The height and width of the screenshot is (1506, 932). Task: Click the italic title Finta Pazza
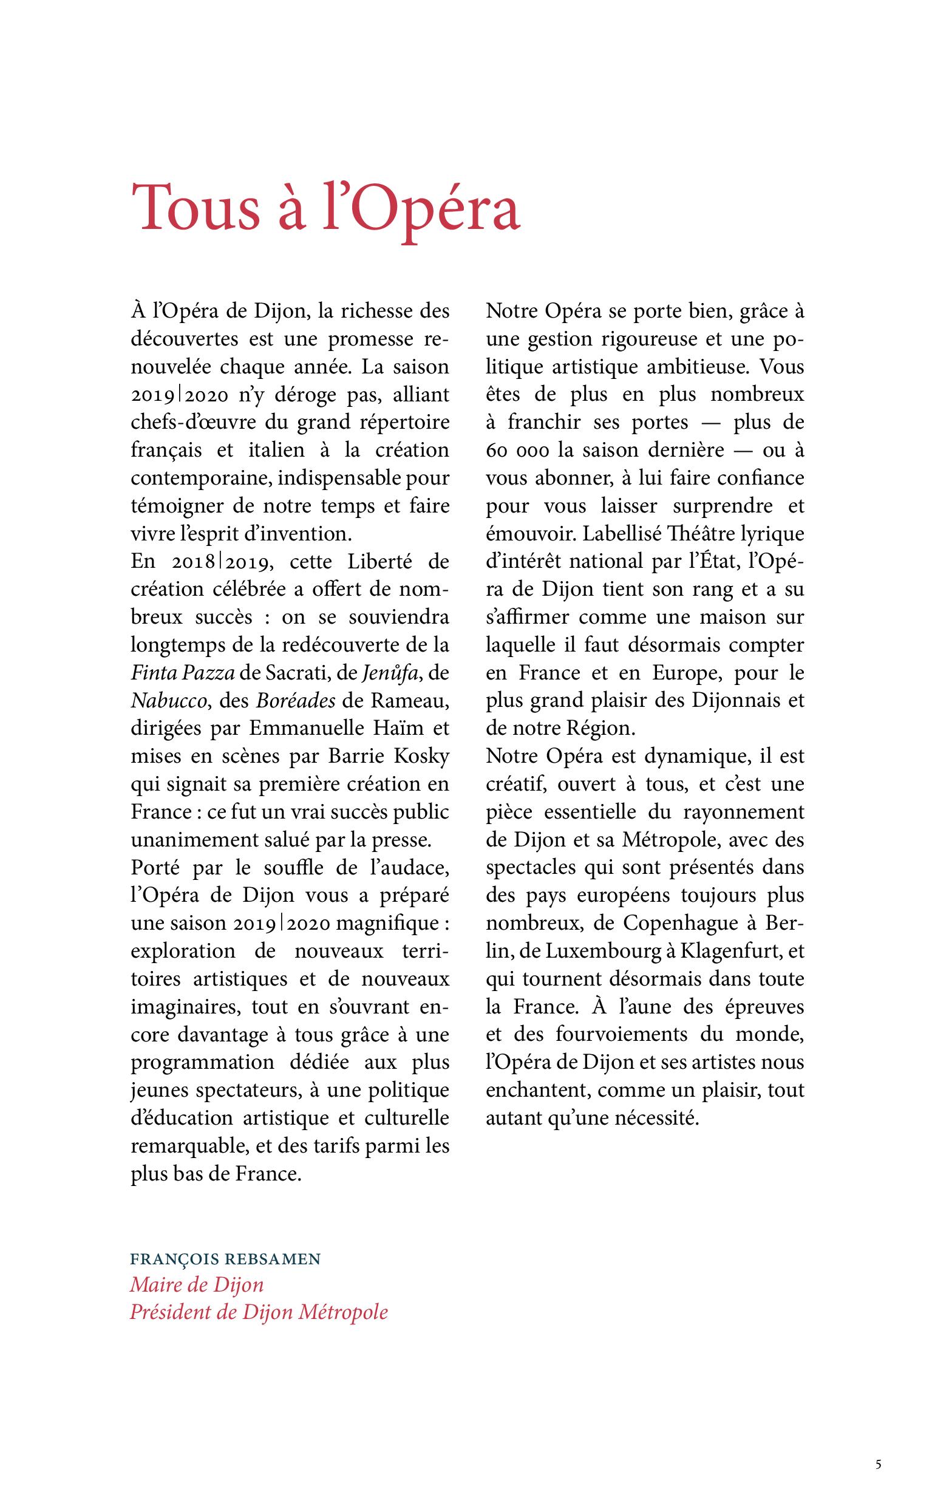tap(183, 673)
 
